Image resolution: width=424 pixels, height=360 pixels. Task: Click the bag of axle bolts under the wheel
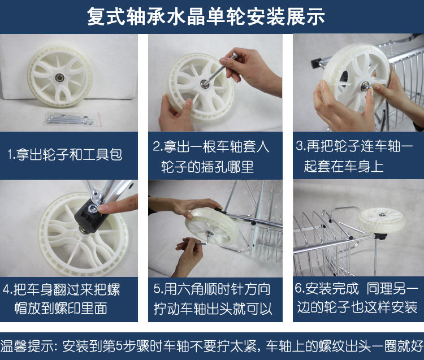point(72,119)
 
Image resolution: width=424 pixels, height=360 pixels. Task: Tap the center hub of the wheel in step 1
point(58,77)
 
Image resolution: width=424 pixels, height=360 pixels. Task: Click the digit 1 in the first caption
point(10,155)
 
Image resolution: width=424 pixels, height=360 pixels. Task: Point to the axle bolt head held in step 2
point(233,56)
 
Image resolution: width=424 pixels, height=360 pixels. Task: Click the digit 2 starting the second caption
point(156,146)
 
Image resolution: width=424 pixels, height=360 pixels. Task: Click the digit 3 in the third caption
point(300,146)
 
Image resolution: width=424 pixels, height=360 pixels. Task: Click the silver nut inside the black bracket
point(93,208)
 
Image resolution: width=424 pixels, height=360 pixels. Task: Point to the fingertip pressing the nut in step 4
point(102,208)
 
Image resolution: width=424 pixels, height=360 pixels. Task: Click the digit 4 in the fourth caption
point(6,289)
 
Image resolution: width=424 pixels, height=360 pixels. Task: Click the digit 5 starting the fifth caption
point(157,289)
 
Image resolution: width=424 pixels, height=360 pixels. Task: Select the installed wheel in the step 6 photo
point(382,219)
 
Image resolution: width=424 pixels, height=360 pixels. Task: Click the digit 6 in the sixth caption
point(299,288)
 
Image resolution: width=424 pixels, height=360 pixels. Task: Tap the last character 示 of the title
point(315,16)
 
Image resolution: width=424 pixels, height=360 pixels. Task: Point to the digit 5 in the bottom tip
point(119,346)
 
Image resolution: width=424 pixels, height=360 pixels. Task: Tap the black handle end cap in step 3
point(315,63)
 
